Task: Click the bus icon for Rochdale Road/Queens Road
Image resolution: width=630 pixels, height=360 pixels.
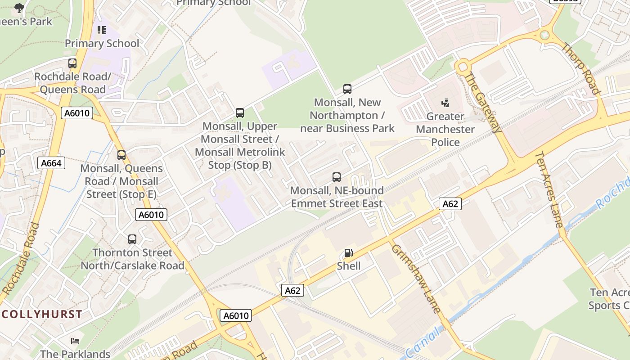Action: pos(72,63)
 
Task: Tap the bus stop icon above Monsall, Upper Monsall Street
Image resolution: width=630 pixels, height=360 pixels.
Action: pos(240,113)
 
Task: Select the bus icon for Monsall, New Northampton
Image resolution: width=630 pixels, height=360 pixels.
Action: pos(347,89)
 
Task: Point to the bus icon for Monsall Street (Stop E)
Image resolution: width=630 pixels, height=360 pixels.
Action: pos(121,155)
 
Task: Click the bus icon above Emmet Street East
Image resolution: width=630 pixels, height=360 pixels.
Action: pos(337,177)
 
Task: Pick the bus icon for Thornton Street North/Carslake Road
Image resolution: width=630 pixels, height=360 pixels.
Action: pos(132,239)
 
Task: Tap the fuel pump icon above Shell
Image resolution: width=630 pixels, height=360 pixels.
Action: pos(349,253)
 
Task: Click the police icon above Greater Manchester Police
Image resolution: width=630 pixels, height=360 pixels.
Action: pos(445,103)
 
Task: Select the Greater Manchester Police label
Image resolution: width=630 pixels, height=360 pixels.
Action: pos(445,130)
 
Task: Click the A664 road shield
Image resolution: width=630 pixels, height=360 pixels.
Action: pos(51,163)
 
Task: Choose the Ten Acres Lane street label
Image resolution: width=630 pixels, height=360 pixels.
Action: pos(549,189)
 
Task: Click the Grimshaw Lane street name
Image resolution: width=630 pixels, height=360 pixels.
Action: pos(415,279)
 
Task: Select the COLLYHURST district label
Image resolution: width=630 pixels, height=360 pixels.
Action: pos(42,314)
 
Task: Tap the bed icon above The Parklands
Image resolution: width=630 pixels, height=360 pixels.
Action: pos(75,341)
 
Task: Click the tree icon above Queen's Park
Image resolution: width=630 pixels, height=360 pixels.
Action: pos(19,8)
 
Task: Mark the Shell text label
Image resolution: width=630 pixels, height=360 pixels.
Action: pos(349,266)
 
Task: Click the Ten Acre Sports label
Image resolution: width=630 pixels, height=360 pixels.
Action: pos(609,299)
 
